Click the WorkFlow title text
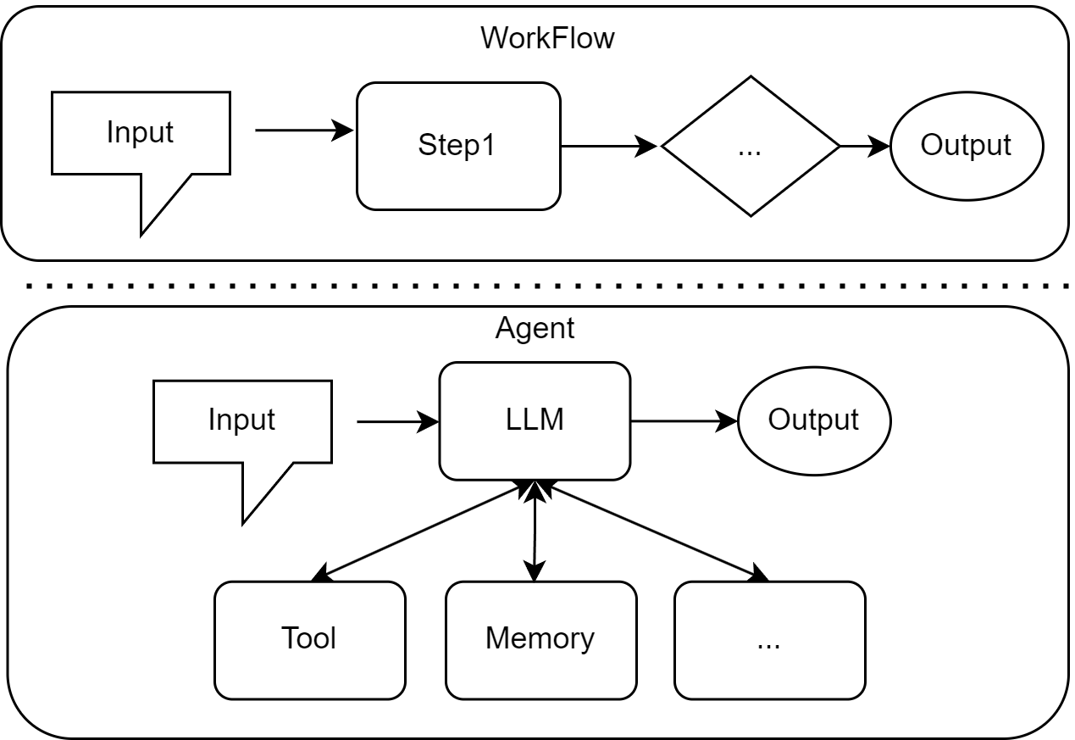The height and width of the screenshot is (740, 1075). click(x=546, y=38)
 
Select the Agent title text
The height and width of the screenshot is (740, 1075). click(x=535, y=329)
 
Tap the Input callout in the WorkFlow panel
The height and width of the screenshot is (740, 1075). click(x=141, y=133)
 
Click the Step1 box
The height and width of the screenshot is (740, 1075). click(x=457, y=146)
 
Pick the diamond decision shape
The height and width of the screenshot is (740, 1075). click(x=750, y=146)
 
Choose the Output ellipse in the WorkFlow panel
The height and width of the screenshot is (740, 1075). click(x=966, y=146)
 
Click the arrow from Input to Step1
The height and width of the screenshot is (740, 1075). click(x=303, y=131)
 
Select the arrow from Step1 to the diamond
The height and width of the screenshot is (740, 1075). click(x=608, y=146)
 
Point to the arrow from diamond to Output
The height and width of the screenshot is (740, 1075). click(x=864, y=146)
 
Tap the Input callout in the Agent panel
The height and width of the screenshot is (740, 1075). click(x=242, y=420)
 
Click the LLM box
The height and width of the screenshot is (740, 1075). click(x=535, y=420)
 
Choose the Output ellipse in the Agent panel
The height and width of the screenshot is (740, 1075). click(x=813, y=420)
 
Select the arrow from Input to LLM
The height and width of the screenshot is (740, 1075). click(x=396, y=420)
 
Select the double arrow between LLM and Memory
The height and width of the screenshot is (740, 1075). click(x=535, y=531)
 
